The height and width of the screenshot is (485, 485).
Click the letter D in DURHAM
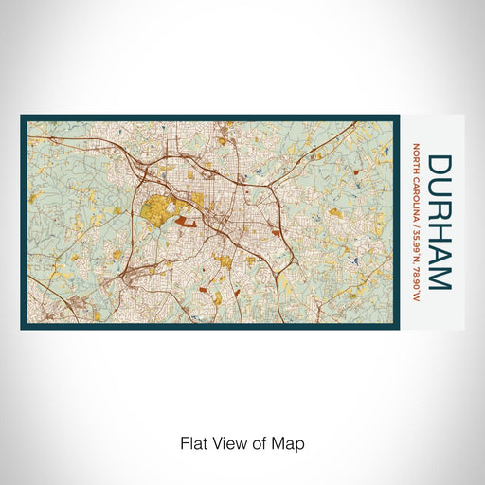(x=440, y=165)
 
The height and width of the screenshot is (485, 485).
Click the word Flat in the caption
(x=192, y=443)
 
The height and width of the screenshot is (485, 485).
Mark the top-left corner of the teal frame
(x=22, y=117)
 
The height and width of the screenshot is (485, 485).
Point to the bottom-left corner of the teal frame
(x=22, y=328)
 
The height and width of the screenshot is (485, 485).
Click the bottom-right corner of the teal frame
(x=398, y=328)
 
